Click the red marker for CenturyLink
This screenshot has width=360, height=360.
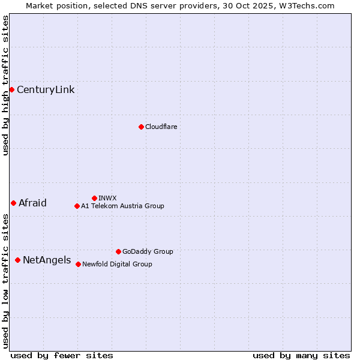click(x=11, y=89)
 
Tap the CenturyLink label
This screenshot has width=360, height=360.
click(x=46, y=90)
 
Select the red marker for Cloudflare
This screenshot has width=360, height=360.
click(x=141, y=127)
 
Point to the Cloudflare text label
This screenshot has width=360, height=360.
click(x=161, y=127)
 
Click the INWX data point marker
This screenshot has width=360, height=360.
click(x=94, y=198)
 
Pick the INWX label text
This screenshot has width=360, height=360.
click(x=107, y=198)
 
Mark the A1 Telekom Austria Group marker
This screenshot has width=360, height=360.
click(x=77, y=206)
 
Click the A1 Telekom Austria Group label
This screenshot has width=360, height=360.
click(x=122, y=206)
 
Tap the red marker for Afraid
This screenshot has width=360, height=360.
click(x=13, y=203)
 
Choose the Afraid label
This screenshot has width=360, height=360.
click(x=32, y=203)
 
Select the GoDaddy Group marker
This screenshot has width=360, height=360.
click(x=118, y=251)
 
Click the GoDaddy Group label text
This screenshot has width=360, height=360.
click(x=148, y=251)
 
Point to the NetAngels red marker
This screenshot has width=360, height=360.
click(x=17, y=260)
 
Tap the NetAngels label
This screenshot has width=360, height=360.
click(x=47, y=260)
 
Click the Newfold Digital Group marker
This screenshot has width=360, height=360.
click(x=78, y=264)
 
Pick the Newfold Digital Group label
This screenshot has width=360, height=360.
click(x=117, y=264)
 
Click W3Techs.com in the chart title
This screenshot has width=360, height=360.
click(x=305, y=5)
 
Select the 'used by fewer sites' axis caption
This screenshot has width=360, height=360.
click(x=62, y=355)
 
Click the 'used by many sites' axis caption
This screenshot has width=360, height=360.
click(x=301, y=355)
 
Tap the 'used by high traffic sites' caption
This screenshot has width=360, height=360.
click(x=5, y=85)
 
